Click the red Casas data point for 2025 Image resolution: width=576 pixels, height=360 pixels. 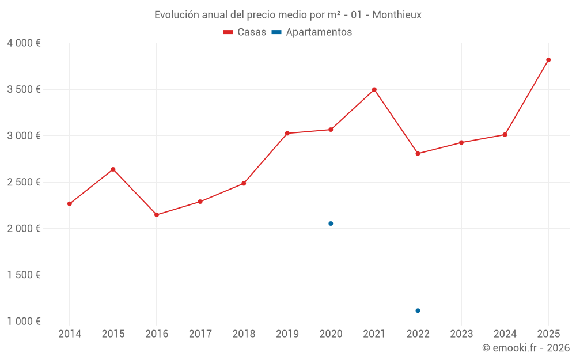click(x=548, y=60)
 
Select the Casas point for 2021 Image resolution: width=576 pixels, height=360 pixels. click(x=374, y=90)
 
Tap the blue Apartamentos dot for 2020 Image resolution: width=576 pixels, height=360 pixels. click(x=331, y=223)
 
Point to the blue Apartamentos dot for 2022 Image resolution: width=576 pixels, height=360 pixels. click(x=418, y=310)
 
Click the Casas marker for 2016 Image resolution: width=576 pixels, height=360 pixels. click(x=157, y=215)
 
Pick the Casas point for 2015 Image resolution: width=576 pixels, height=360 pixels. click(x=113, y=169)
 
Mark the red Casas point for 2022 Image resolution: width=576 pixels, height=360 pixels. click(x=418, y=154)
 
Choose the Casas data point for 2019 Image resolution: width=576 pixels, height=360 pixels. click(x=287, y=134)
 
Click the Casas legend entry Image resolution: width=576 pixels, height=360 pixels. click(x=245, y=32)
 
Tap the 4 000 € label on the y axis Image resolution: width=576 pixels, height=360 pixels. click(x=24, y=43)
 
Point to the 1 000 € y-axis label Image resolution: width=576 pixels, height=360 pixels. click(x=24, y=321)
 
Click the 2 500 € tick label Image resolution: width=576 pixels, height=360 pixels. click(x=24, y=182)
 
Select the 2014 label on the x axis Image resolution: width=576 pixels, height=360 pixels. click(x=70, y=334)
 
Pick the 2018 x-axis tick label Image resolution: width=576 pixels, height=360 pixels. click(x=244, y=334)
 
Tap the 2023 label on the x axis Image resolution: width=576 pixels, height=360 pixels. click(x=461, y=334)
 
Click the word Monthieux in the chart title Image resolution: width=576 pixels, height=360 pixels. click(x=397, y=15)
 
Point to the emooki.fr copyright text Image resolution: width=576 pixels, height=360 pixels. click(x=526, y=348)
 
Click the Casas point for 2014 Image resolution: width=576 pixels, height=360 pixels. click(x=70, y=204)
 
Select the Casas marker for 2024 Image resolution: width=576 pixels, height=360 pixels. click(x=505, y=135)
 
